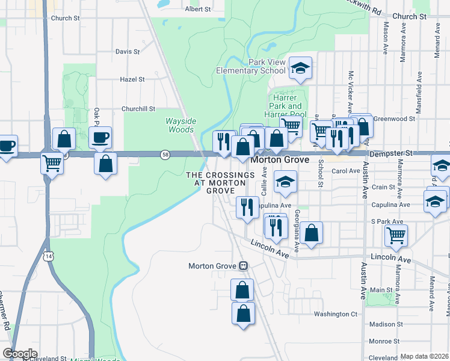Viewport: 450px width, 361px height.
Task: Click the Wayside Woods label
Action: [180, 125]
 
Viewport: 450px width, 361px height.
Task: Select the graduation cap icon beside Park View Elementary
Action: [300, 69]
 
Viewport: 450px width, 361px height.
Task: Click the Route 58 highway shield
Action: [165, 155]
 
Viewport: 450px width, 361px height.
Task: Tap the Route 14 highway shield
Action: [48, 256]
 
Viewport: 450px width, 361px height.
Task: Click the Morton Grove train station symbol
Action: [244, 265]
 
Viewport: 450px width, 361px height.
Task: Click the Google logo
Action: [19, 354]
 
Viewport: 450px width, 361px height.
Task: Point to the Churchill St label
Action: [138, 109]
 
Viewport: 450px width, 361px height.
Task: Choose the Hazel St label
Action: [132, 79]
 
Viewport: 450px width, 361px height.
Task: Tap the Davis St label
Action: [128, 52]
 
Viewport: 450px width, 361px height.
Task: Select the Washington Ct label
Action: [336, 314]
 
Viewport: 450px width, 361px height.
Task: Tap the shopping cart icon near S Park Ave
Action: [396, 236]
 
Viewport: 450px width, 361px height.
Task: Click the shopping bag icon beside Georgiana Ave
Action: [312, 233]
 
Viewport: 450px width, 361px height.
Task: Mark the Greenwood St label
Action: [395, 119]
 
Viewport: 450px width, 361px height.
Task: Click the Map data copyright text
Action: [425, 356]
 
